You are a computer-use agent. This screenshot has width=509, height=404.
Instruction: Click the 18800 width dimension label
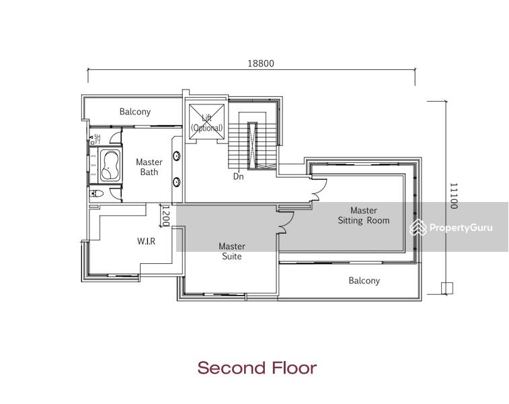pyautogui.click(x=261, y=63)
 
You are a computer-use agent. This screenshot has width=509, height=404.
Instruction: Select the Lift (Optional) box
pyautogui.click(x=206, y=123)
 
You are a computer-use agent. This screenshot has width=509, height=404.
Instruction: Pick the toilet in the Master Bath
pyautogui.click(x=97, y=193)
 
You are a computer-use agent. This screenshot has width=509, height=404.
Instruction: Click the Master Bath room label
pyautogui.click(x=149, y=167)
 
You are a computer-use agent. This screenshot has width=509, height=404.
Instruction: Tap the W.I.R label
pyautogui.click(x=146, y=240)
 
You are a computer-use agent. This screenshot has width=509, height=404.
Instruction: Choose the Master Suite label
pyautogui.click(x=231, y=251)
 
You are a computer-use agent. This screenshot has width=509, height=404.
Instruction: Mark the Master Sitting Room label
pyautogui.click(x=363, y=215)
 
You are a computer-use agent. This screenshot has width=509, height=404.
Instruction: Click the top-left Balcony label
pyautogui.click(x=135, y=112)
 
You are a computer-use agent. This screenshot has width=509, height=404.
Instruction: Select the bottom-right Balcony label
pyautogui.click(x=364, y=281)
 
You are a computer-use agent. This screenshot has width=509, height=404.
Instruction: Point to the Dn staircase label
pyautogui.click(x=238, y=176)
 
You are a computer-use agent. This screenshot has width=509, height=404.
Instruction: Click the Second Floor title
pyautogui.click(x=256, y=368)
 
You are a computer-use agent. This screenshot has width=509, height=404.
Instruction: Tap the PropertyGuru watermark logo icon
pyautogui.click(x=418, y=228)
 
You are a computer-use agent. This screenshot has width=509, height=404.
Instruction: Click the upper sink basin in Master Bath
pyautogui.click(x=177, y=156)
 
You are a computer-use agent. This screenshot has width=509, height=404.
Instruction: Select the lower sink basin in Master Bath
pyautogui.click(x=177, y=181)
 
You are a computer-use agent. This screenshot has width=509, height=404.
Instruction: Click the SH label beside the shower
pyautogui.click(x=97, y=137)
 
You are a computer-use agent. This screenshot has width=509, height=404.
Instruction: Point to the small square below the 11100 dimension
pyautogui.click(x=446, y=288)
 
